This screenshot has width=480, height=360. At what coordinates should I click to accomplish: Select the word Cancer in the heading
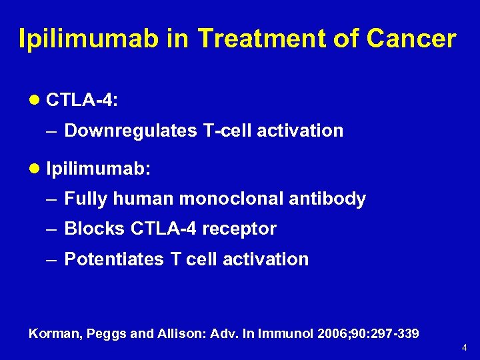click(x=411, y=39)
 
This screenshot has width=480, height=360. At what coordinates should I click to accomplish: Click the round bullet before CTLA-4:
click(x=35, y=100)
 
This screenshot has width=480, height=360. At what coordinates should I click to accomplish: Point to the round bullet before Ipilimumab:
click(x=35, y=168)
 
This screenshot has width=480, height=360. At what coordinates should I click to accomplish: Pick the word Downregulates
click(x=131, y=131)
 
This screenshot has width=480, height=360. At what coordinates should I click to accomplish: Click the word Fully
click(x=86, y=199)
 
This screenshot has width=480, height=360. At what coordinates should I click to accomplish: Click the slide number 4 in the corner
click(x=465, y=348)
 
